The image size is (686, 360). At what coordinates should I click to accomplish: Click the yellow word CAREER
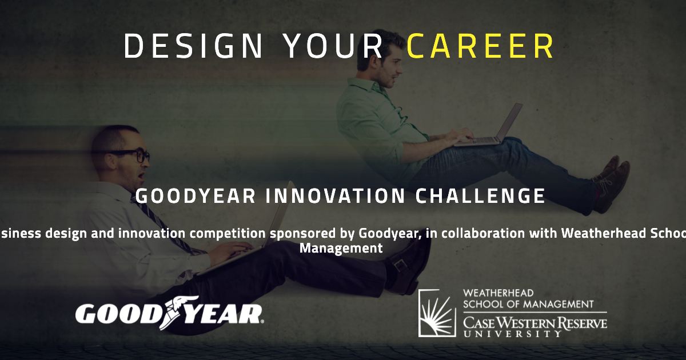tap(480, 46)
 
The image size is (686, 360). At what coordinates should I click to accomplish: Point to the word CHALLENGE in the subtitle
tap(480, 196)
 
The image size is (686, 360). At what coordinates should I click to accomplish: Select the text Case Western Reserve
tap(535, 323)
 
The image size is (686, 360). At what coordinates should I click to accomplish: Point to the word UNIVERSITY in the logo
tap(512, 334)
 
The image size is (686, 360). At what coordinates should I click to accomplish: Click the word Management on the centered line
tap(341, 248)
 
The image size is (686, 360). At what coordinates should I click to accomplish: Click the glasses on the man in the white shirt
tap(133, 155)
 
